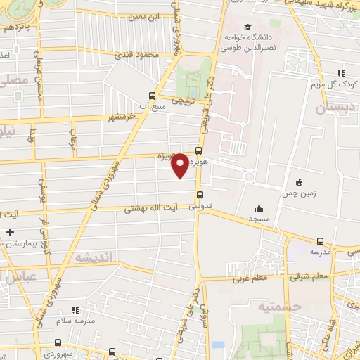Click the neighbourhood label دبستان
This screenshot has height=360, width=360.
tap(332, 108)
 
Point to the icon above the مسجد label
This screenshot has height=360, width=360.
tap(259, 208)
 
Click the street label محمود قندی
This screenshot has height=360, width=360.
tap(138, 55)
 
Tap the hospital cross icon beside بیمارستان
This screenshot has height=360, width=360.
tap(9, 232)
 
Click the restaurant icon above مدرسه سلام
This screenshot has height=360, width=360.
tap(75, 309)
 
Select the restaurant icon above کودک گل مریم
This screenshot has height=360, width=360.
tap(341, 72)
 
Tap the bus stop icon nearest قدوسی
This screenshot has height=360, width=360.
tap(201, 195)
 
